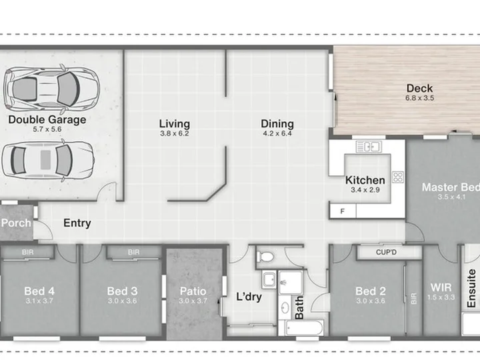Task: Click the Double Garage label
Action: tap(47, 120)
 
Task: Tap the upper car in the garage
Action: tap(51, 89)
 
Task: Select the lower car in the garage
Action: tap(48, 160)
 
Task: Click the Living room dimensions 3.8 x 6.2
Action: tap(175, 133)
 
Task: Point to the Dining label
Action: tap(277, 124)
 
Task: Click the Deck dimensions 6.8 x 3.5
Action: tap(420, 98)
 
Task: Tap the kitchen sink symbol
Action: tap(369, 146)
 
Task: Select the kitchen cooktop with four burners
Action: tap(398, 177)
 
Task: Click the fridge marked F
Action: tap(343, 211)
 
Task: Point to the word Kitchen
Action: tap(365, 180)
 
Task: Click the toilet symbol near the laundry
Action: tap(265, 257)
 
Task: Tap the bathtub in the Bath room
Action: tap(304, 328)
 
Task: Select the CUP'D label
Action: tap(386, 252)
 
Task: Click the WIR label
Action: tap(441, 287)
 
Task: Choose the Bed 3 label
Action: tap(122, 291)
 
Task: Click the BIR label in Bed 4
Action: tap(27, 252)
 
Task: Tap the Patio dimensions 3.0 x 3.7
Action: tap(193, 301)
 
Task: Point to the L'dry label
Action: tap(249, 297)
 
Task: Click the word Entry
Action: tap(77, 223)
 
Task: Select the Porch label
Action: tap(16, 223)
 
